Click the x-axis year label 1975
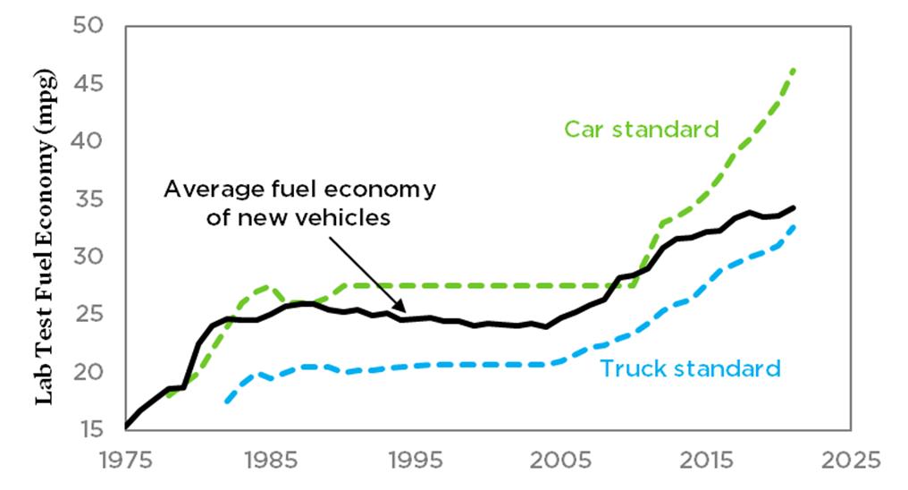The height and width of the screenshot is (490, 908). [x=126, y=461]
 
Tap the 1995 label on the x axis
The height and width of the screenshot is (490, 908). [x=416, y=461]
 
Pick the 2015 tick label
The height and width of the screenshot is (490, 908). [x=707, y=461]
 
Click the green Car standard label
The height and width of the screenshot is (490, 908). [x=641, y=129]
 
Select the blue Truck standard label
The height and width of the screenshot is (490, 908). [x=690, y=367]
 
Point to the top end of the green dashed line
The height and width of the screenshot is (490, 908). [x=794, y=69]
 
